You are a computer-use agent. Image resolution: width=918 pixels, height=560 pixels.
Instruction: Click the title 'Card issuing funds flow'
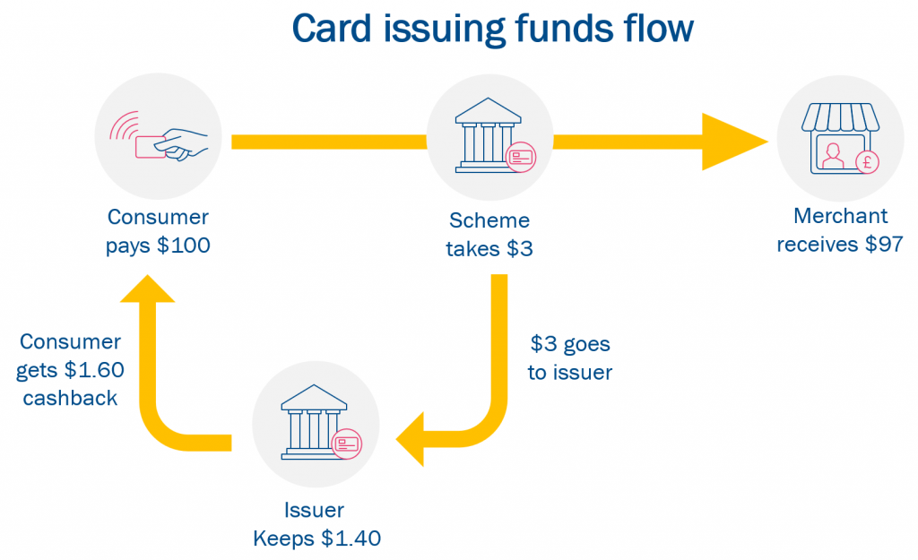pos(492,30)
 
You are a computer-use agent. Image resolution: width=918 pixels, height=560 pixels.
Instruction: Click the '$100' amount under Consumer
pos(184,246)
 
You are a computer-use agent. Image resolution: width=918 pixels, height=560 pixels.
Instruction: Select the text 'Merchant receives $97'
pos(839,230)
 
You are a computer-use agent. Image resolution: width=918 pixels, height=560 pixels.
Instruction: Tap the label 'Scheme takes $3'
pos(489,234)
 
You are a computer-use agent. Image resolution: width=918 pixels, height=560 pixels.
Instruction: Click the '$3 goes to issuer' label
pos(570,358)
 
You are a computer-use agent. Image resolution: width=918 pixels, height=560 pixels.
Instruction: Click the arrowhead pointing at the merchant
pos(734,142)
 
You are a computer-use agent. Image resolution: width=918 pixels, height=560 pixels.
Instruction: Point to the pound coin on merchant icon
pos(866,162)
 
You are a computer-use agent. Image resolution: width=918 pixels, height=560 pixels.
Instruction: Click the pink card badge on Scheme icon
pos(520,158)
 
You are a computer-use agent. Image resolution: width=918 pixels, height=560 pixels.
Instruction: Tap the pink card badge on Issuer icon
pos(346,444)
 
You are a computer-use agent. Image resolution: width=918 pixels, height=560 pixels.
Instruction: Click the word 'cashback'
pos(70,398)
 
